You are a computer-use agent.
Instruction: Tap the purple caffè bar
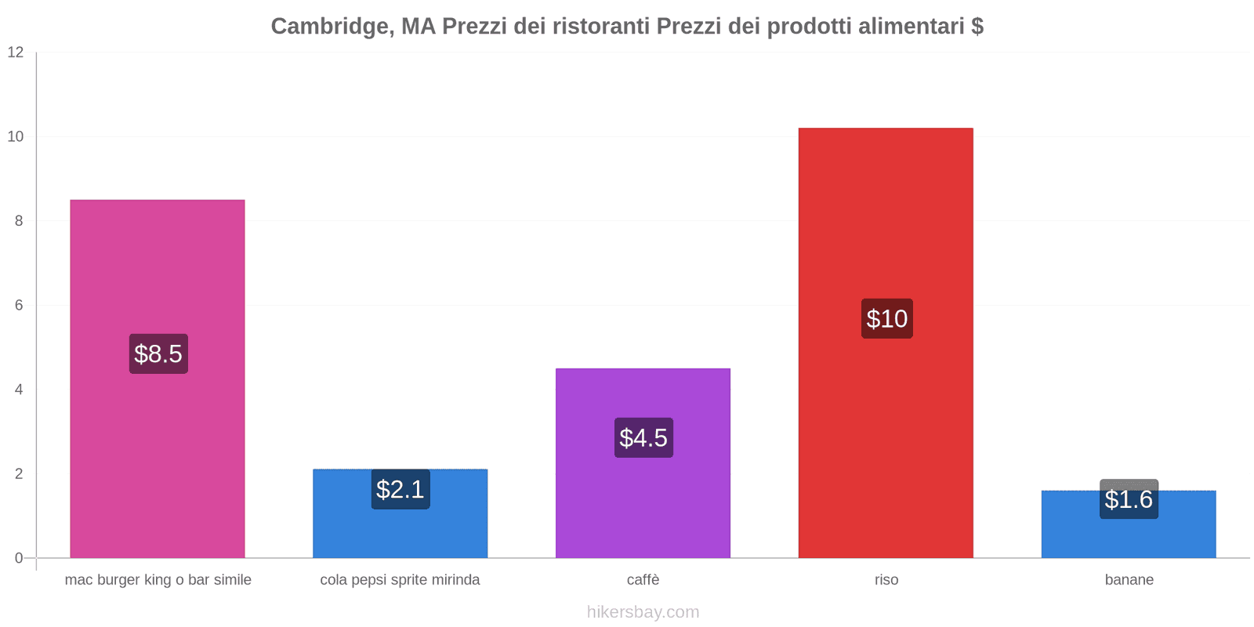point(643,502)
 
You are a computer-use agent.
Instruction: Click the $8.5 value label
point(158,353)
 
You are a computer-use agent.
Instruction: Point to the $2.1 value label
point(400,489)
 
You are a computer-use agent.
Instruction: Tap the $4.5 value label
point(643,437)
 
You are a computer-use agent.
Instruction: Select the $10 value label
point(886,318)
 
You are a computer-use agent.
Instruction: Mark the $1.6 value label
point(1129,499)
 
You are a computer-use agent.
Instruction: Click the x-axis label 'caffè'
point(643,580)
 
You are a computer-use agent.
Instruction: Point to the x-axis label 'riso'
point(886,580)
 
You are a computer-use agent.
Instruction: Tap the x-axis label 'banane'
point(1129,580)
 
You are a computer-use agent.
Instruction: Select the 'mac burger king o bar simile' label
point(158,580)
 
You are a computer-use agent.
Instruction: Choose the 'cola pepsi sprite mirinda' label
point(400,580)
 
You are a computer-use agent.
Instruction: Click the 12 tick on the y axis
point(16,53)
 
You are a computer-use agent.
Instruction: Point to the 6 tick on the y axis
point(19,306)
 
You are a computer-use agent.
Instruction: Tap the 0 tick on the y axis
point(19,558)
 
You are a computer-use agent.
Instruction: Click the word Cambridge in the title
point(330,27)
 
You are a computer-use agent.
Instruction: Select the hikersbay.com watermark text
point(643,612)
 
